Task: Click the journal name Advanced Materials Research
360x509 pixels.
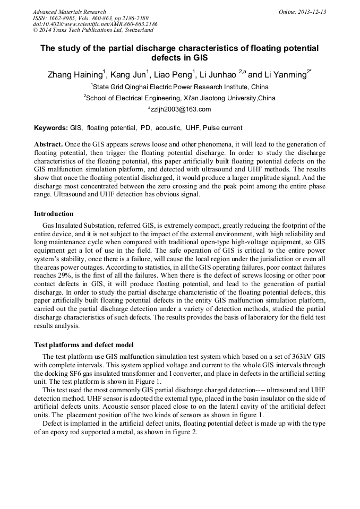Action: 69,12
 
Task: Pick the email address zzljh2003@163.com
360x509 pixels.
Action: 180,109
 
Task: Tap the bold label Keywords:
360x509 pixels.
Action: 50,128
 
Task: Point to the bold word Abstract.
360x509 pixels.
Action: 48,144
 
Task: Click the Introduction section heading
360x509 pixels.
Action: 54,214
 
